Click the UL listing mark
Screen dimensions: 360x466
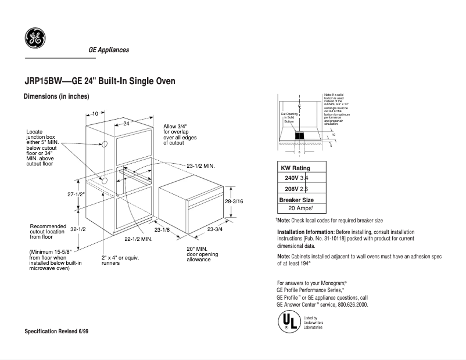(288, 322)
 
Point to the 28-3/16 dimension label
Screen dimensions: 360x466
(234, 201)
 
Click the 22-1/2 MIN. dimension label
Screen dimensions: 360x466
(138, 239)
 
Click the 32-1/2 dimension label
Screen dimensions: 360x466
(78, 230)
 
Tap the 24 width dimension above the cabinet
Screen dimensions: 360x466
(126, 124)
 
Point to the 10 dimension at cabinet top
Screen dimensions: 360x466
(95, 114)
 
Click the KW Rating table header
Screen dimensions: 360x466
(295, 168)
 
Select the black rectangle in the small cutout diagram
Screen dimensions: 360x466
(299, 135)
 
